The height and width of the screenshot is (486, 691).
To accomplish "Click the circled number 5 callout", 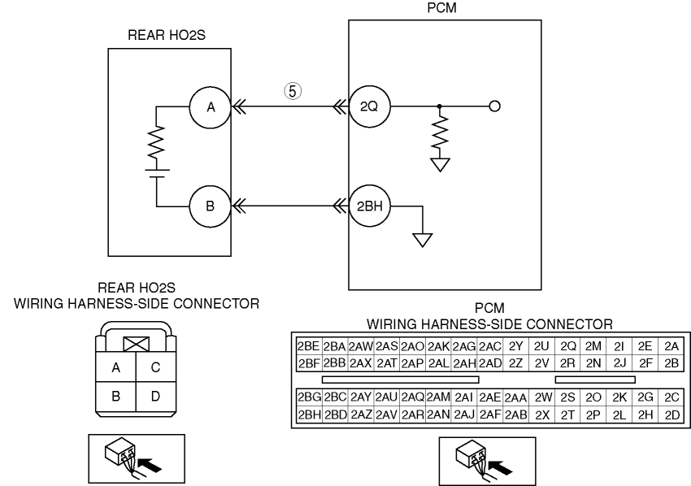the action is pos(293,91).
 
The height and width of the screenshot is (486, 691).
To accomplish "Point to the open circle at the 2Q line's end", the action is pos(495,106).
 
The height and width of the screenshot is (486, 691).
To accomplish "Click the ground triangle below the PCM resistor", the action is pos(440,165).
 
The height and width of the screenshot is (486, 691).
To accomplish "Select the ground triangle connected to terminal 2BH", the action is pos(423,240).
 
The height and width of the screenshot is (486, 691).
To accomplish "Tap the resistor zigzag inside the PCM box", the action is pos(440,132).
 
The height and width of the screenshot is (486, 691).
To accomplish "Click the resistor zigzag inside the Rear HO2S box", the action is pos(156,142).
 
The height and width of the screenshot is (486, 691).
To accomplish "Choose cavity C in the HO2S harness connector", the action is pos(156,367).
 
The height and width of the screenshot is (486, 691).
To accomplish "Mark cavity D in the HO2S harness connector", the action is pos(156,397).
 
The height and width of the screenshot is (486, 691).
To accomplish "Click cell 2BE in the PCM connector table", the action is pos(308,346).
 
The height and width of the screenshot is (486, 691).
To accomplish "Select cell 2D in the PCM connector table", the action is pos(671,415).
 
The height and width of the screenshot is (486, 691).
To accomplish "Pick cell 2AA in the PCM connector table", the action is pos(515,398).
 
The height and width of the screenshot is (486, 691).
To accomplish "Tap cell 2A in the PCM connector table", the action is pos(671,346).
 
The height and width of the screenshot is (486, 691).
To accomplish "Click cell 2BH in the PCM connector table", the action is pos(309,415).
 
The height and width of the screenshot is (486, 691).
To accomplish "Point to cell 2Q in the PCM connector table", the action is pos(567,346).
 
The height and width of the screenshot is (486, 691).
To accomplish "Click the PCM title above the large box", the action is pos(442,8).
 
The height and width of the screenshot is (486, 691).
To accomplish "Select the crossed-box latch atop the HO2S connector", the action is pos(137,344).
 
